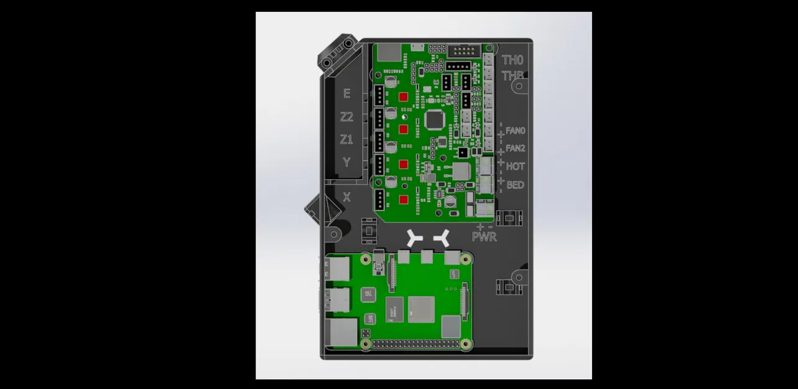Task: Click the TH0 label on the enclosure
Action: [513, 60]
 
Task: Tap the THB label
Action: [513, 77]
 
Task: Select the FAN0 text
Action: [516, 131]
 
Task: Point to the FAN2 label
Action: [516, 149]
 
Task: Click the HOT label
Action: [515, 167]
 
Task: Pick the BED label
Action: [515, 185]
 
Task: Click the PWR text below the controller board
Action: [485, 237]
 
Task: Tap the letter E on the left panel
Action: [346, 94]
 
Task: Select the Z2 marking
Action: [346, 117]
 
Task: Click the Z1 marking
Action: [346, 139]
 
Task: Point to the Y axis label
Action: [346, 162]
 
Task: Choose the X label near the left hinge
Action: [346, 197]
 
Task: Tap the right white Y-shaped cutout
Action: [443, 237]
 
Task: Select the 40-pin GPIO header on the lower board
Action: [417, 344]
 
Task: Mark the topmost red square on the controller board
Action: [403, 97]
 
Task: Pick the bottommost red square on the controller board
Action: [403, 200]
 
